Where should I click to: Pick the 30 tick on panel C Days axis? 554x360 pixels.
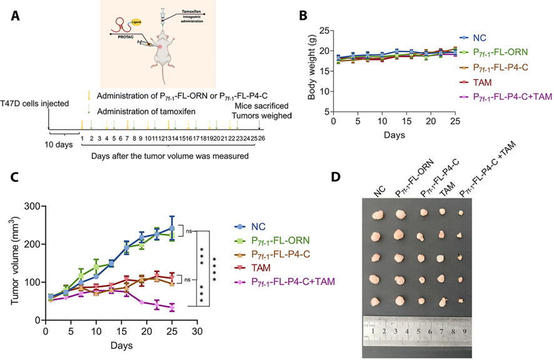tap(197, 330)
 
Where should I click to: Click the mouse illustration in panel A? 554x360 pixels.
tap(161, 59)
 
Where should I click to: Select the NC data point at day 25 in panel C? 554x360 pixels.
tap(171, 229)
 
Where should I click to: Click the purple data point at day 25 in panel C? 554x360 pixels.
tap(171, 308)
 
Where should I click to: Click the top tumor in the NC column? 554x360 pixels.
tap(378, 214)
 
